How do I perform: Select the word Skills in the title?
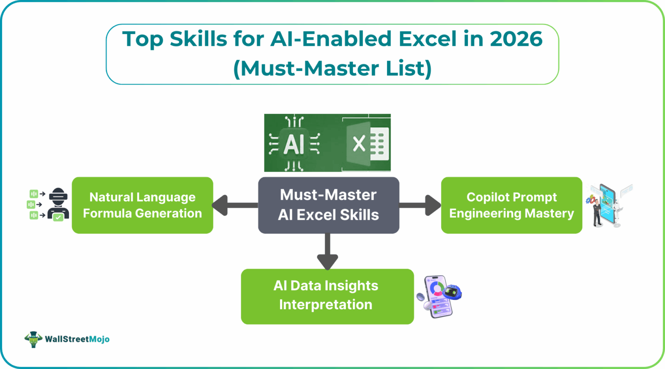pos(198,39)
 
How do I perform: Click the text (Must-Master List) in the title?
pos(332,68)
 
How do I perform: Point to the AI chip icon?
pos(294,143)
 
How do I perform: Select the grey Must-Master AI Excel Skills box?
pos(329,205)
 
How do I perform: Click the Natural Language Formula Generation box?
pos(142,205)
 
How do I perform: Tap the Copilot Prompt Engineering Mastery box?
pos(511,205)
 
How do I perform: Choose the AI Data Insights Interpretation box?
pos(327,296)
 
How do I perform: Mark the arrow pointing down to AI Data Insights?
pos(327,253)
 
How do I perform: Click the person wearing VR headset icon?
pos(58,204)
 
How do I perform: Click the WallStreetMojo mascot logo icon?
pos(33,339)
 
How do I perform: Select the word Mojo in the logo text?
pos(99,339)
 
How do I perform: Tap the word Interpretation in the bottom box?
pos(326,305)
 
